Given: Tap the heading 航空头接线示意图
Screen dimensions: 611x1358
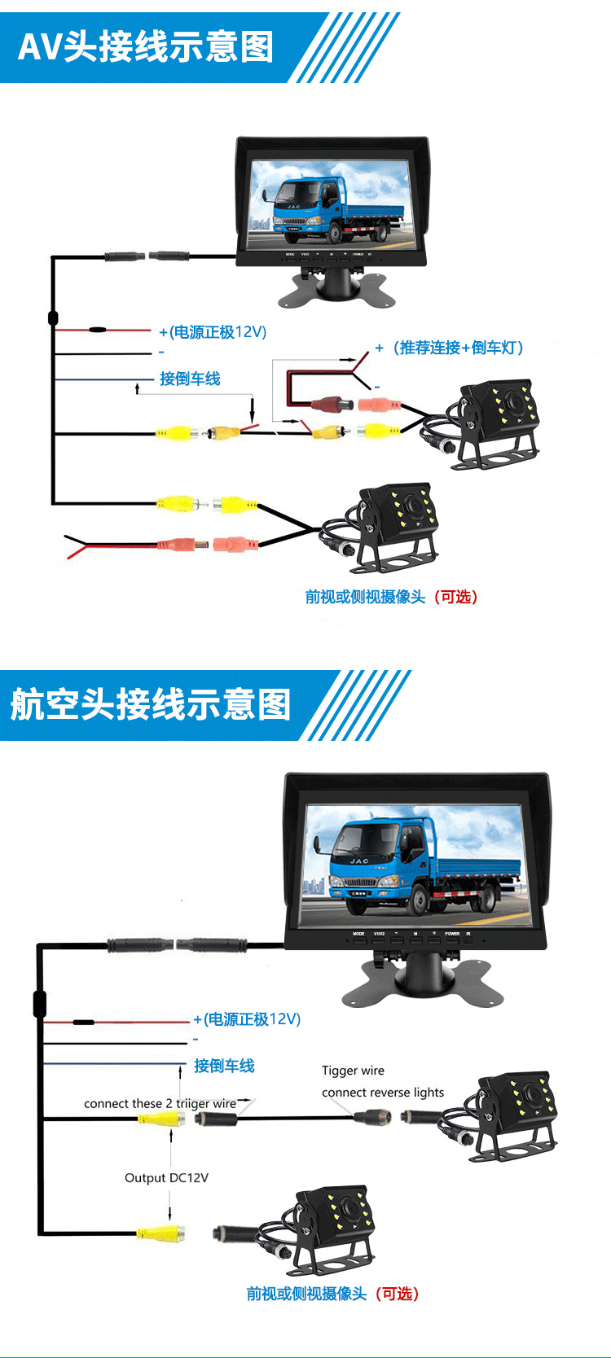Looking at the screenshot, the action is pos(151,704).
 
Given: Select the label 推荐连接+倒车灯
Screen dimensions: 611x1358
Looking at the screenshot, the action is pos(456,348).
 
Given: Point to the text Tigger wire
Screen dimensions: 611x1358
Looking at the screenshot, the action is pos(353,1071).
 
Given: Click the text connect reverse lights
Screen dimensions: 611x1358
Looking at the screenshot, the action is pos(383,1093).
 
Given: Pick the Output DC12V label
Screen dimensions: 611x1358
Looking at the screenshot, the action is pos(166,1177).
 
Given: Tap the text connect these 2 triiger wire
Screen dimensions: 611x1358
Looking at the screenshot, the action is pos(160,1104).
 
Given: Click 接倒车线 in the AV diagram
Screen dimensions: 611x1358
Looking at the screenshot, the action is pos(190,379).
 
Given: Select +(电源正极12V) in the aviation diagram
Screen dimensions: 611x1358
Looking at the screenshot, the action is pos(247,1019).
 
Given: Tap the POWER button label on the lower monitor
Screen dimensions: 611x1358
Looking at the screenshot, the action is pos(452,934).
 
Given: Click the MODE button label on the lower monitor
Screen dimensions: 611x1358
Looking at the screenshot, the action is pos(358,934).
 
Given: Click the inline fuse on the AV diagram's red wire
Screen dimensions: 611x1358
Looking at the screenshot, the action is pos(98,331).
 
